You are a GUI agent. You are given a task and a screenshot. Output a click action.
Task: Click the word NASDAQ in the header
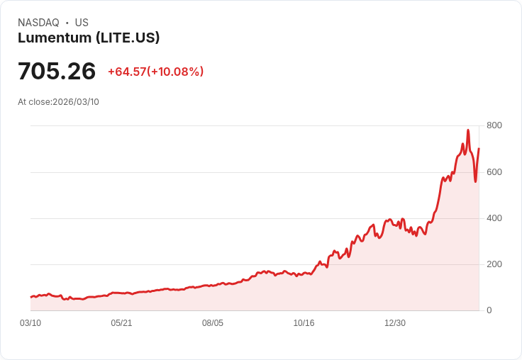tap(38, 23)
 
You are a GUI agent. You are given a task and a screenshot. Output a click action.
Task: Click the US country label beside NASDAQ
tap(82, 23)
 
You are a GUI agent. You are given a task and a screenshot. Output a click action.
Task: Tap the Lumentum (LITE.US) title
tap(89, 38)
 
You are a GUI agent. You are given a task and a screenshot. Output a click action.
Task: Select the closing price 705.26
tap(57, 71)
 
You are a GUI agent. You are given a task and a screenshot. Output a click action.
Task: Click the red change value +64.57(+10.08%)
tap(155, 72)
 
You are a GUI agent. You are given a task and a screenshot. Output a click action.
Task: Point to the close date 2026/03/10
tap(76, 102)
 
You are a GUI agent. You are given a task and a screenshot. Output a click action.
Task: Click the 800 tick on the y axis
tap(494, 125)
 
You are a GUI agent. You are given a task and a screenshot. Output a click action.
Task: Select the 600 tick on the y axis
tap(494, 171)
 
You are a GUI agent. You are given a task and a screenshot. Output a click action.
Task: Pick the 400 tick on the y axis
tap(494, 218)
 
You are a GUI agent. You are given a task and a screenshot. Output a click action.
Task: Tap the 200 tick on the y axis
tap(494, 264)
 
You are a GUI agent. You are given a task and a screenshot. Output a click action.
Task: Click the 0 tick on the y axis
tap(489, 310)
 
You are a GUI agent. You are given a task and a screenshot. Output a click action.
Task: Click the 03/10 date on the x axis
tap(30, 323)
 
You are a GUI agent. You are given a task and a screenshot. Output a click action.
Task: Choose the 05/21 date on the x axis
tap(121, 323)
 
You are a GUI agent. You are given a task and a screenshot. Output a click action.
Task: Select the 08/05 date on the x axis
tap(213, 323)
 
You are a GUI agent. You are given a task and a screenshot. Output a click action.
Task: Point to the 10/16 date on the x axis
tap(304, 323)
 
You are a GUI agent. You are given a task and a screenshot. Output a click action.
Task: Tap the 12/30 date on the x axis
tap(395, 323)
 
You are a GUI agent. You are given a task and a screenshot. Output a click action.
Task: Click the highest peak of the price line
tap(468, 130)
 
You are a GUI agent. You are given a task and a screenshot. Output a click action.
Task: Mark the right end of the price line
tap(479, 149)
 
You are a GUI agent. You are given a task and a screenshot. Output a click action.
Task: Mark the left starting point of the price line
tap(30, 297)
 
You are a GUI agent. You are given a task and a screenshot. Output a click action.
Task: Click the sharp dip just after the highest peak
tap(475, 181)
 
